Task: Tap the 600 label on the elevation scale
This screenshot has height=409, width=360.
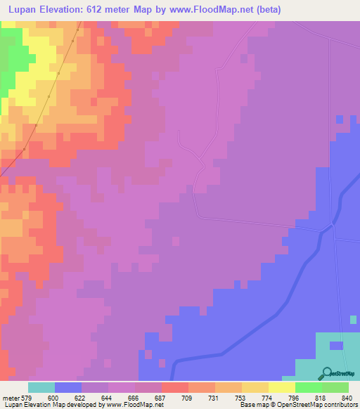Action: click(x=53, y=397)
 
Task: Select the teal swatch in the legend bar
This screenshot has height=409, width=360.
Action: click(x=41, y=387)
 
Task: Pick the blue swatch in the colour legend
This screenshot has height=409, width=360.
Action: click(x=68, y=387)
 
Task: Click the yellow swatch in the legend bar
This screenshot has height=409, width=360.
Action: click(x=282, y=387)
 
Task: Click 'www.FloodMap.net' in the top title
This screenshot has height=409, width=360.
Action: click(x=220, y=9)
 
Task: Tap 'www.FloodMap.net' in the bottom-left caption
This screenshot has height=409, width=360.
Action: click(x=130, y=405)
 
